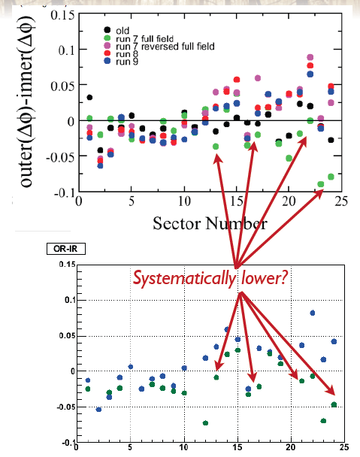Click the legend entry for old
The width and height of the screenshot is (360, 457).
click(116, 30)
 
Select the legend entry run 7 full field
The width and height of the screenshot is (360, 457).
click(138, 38)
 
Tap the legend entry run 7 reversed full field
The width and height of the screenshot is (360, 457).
click(159, 46)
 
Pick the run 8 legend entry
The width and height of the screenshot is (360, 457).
click(121, 53)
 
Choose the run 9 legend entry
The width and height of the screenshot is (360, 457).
click(121, 62)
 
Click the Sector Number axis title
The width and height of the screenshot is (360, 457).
click(210, 223)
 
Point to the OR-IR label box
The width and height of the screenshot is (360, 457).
click(66, 249)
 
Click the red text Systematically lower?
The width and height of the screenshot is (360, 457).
click(210, 279)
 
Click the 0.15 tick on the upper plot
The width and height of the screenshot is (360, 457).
click(62, 15)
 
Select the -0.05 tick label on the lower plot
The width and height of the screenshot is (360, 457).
click(66, 407)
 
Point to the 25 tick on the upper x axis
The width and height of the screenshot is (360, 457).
click(341, 201)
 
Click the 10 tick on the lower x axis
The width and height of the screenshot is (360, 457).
click(184, 447)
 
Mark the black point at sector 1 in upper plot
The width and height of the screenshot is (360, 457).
click(89, 97)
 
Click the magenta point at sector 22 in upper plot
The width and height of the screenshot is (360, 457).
click(310, 57)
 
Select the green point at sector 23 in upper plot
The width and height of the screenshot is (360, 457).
click(321, 184)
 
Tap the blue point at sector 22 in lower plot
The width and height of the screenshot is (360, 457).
click(313, 313)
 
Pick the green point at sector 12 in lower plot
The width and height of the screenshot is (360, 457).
click(205, 423)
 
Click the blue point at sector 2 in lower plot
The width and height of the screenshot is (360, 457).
click(98, 410)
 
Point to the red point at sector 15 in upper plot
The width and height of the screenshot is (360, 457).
click(237, 79)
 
